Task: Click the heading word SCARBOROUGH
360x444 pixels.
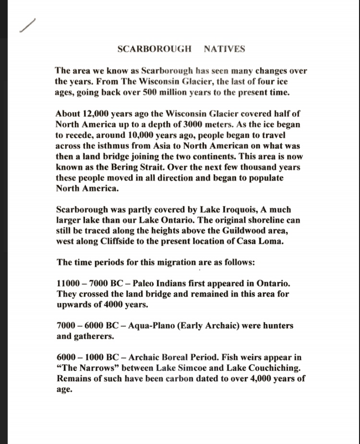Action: point(154,49)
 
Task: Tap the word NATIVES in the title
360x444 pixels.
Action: point(224,49)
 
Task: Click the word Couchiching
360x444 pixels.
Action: point(260,368)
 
